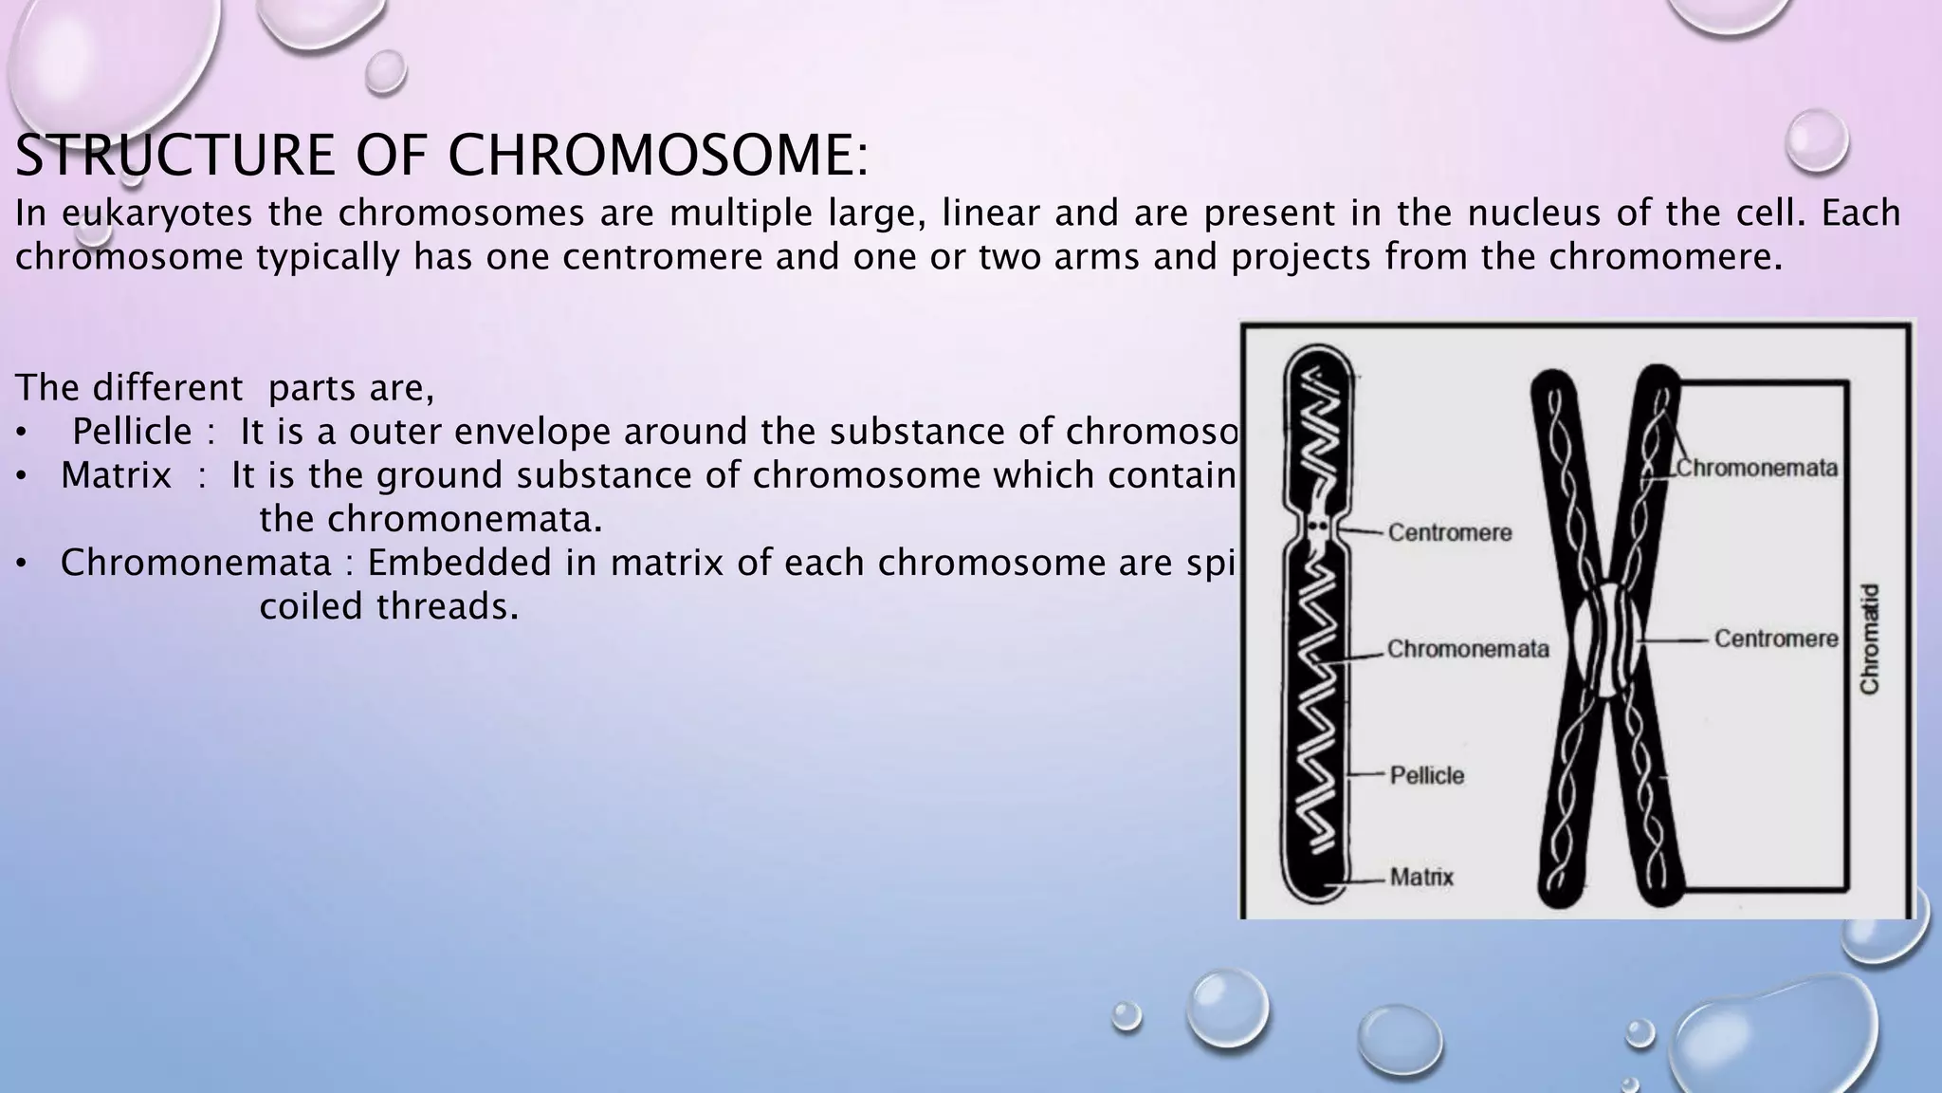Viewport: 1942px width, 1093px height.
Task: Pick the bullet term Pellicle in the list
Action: (132, 432)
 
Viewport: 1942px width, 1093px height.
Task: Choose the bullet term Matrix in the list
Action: (116, 475)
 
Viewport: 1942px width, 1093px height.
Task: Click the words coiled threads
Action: (388, 606)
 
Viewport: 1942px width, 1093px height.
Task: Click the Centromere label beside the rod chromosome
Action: (1449, 532)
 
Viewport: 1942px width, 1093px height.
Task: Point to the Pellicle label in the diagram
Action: (1426, 775)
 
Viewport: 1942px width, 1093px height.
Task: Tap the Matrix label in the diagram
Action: (1420, 877)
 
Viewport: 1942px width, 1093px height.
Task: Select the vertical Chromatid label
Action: (1869, 639)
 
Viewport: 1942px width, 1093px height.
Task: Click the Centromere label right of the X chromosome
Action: (1775, 639)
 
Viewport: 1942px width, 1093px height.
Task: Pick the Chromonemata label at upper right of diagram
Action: (1756, 468)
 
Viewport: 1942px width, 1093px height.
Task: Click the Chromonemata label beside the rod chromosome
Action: (1467, 649)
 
